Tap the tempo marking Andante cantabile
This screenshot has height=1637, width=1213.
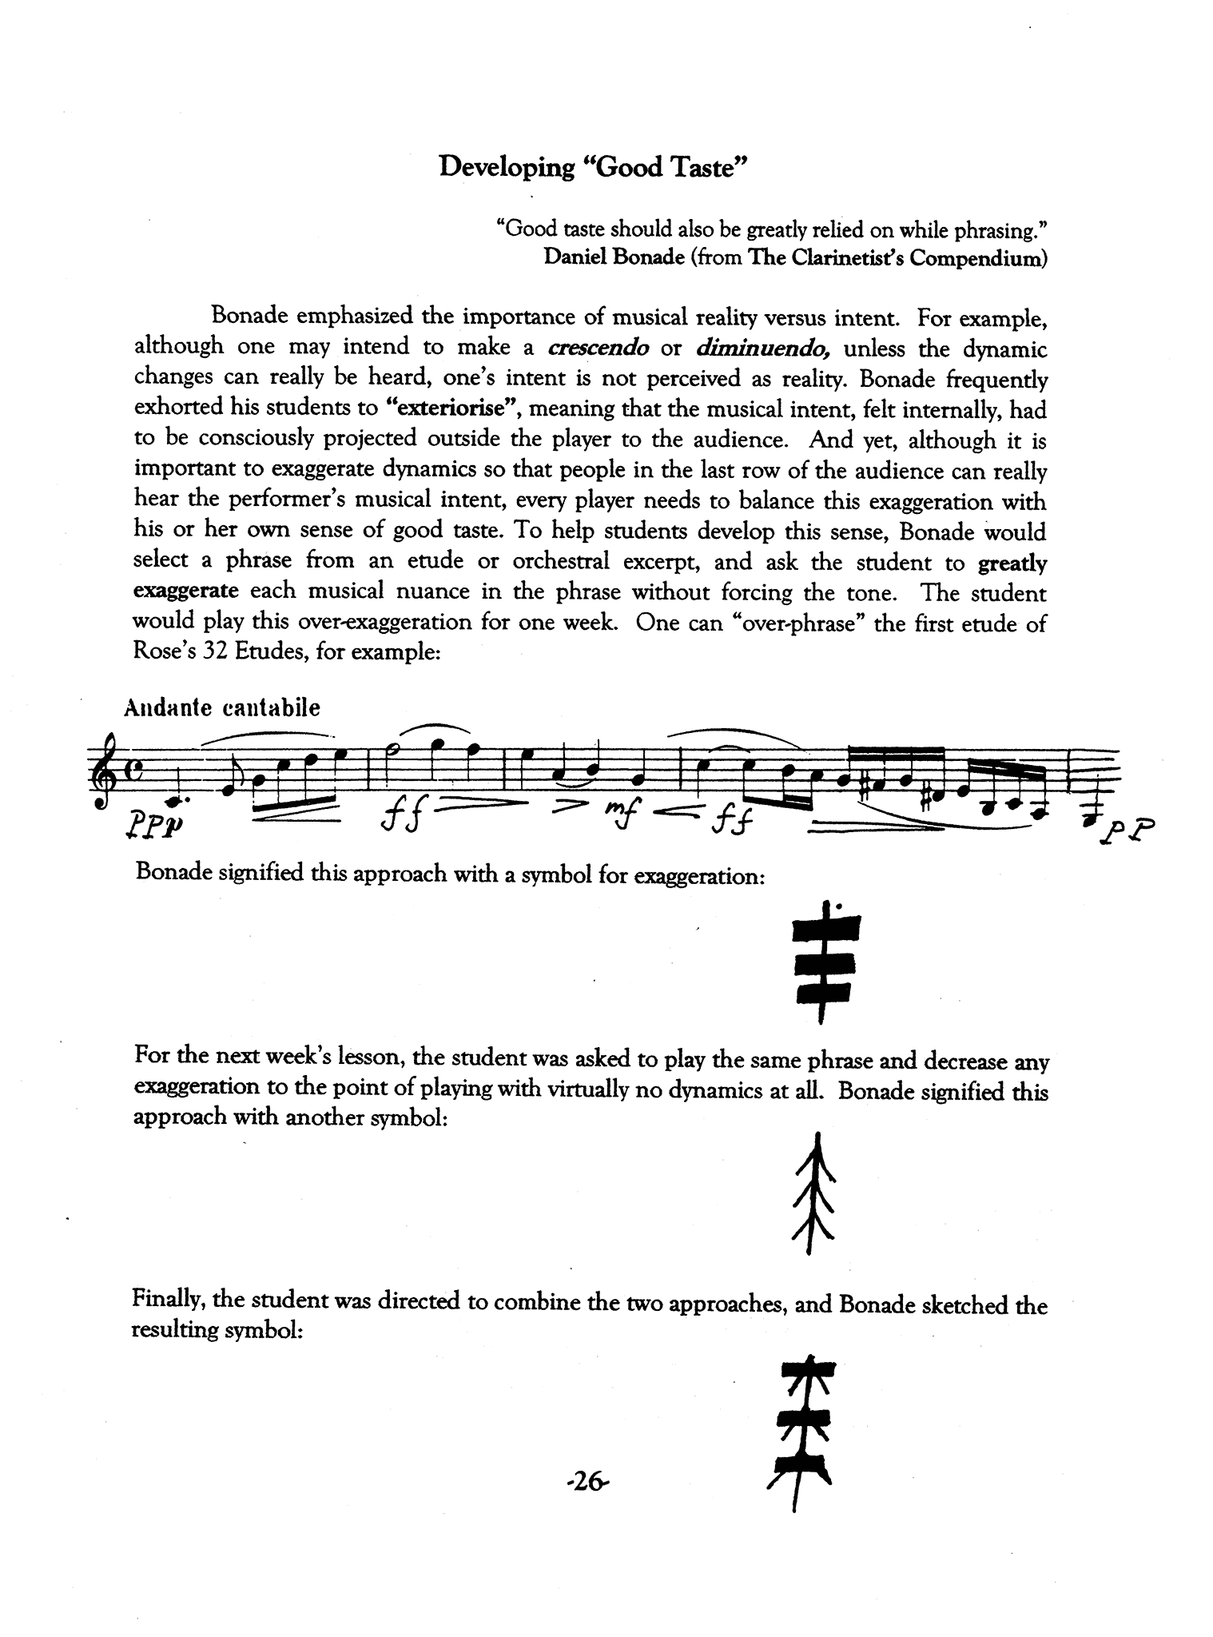(222, 707)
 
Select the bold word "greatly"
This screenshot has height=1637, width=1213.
(1012, 563)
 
